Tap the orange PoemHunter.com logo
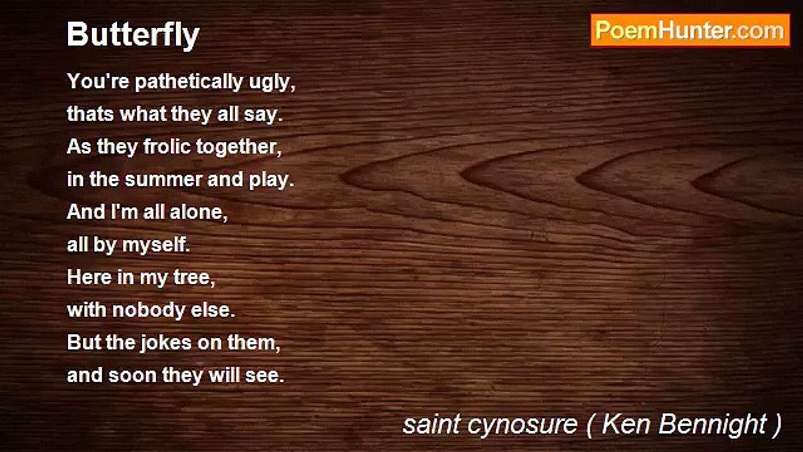point(690,31)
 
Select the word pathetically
point(189,82)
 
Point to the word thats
point(91,114)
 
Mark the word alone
point(199,212)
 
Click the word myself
point(156,245)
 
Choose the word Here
point(89,277)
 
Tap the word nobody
point(149,309)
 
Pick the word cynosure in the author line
point(523,425)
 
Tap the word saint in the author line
point(432,424)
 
